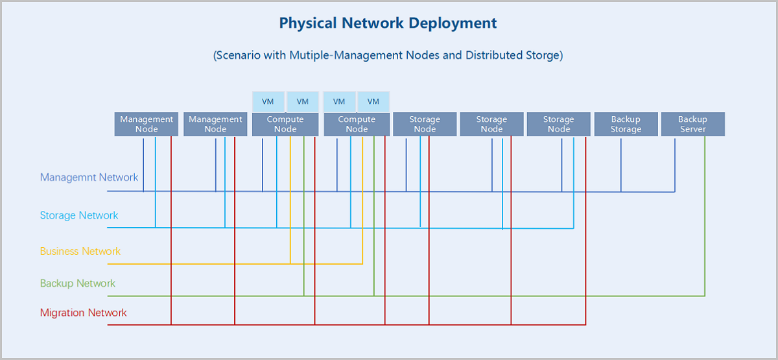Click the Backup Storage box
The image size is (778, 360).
(626, 124)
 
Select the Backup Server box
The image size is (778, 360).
(693, 124)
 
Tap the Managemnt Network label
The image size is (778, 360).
(89, 177)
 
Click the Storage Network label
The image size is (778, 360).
(79, 215)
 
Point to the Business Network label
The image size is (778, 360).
(80, 251)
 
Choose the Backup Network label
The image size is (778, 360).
(77, 283)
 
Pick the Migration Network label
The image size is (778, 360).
(84, 313)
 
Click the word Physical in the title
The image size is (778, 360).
(308, 23)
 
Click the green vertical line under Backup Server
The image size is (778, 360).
(705, 216)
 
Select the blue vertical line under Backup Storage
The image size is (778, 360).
(621, 165)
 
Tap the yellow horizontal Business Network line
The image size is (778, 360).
(235, 264)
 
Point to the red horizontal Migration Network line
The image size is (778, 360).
(347, 325)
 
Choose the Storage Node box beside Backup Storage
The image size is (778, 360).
(558, 124)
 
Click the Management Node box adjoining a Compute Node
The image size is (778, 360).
(215, 124)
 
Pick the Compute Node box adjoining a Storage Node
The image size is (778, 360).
(357, 124)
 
